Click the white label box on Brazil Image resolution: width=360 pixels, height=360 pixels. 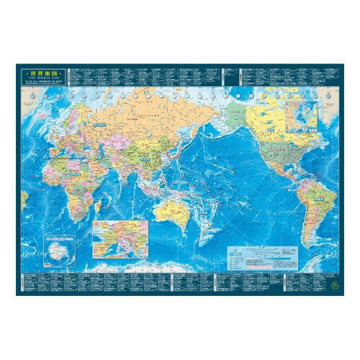tap(320, 192)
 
